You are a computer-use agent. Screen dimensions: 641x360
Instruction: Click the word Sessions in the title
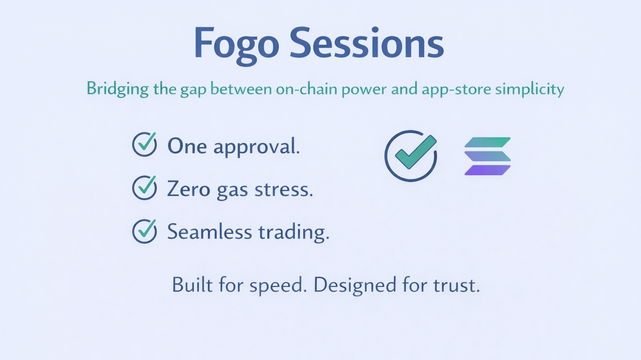367,43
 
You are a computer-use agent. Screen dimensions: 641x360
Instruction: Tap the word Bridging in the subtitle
118,89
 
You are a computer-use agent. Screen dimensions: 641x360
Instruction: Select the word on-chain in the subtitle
306,89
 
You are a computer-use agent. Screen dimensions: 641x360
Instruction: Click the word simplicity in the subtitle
530,90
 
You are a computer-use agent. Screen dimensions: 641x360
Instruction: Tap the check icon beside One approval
144,144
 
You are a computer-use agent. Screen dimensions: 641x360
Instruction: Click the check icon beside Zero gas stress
144,188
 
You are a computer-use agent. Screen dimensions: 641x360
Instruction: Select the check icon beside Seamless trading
144,231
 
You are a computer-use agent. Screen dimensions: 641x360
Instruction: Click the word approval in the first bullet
257,147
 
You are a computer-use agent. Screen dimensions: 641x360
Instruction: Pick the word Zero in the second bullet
189,189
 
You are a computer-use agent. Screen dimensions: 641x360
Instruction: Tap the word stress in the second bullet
284,189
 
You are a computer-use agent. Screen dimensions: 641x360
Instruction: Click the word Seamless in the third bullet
209,232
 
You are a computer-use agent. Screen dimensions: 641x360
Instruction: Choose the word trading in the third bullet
294,232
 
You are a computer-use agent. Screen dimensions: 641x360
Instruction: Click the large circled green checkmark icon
411,156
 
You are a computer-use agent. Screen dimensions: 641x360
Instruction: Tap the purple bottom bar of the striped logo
487,170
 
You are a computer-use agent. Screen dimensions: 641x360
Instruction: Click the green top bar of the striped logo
487,142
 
